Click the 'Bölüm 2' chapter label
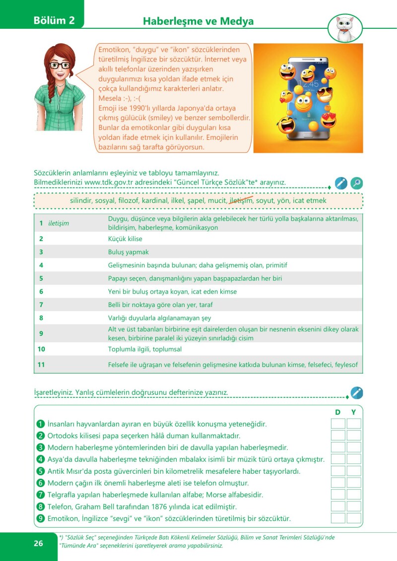tap(54, 21)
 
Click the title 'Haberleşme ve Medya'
tap(198, 21)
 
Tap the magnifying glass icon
tap(356, 183)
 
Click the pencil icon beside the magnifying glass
tap(340, 183)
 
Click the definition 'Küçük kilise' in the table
tap(125, 239)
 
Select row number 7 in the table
tap(42, 305)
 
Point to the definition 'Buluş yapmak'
tap(128, 252)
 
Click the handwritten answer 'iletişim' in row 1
tap(59, 223)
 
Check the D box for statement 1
tap(338, 424)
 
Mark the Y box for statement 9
tap(354, 518)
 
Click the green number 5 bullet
tap(41, 471)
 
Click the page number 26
tap(38, 543)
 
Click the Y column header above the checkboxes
tap(353, 412)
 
